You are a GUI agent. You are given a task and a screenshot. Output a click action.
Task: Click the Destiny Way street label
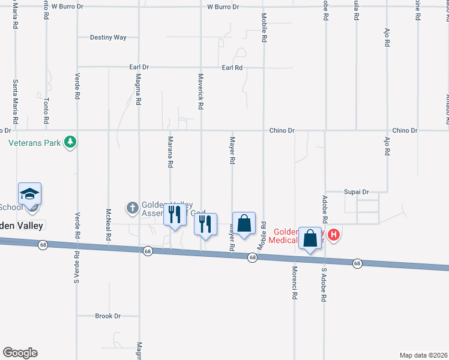108,37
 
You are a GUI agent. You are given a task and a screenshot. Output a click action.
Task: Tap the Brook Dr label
108,316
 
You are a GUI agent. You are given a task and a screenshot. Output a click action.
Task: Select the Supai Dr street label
356,192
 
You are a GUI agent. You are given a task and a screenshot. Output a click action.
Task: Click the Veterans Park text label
35,143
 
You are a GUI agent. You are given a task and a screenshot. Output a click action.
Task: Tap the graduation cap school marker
30,194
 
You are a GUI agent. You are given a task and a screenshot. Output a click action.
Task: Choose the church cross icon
132,208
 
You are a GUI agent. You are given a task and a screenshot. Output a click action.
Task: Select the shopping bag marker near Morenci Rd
310,238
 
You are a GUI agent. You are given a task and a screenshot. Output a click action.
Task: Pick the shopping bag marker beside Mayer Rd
244,223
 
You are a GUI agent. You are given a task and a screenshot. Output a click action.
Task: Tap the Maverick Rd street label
201,91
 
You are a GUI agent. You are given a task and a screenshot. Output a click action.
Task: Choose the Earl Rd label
232,68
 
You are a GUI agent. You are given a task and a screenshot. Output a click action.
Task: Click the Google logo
20,353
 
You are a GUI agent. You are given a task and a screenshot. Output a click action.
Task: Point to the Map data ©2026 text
423,355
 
